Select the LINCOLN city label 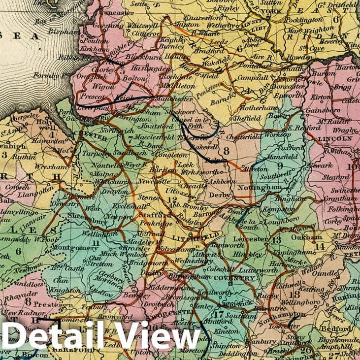(x=335, y=139)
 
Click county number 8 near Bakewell (x=226, y=151)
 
